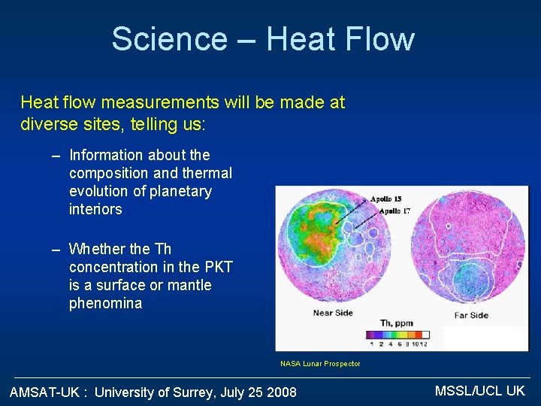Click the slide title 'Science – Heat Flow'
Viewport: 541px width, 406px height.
(263, 39)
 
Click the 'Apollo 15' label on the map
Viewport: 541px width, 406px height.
(386, 199)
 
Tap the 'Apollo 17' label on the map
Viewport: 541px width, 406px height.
(395, 211)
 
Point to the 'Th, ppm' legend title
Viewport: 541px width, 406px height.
(397, 323)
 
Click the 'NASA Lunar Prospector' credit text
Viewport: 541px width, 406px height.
(320, 364)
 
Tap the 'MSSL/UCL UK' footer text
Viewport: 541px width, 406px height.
(480, 390)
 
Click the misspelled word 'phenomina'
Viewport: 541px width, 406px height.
(105, 304)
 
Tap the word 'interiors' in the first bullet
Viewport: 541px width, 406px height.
(95, 209)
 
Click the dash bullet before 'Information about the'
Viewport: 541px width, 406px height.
(56, 156)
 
